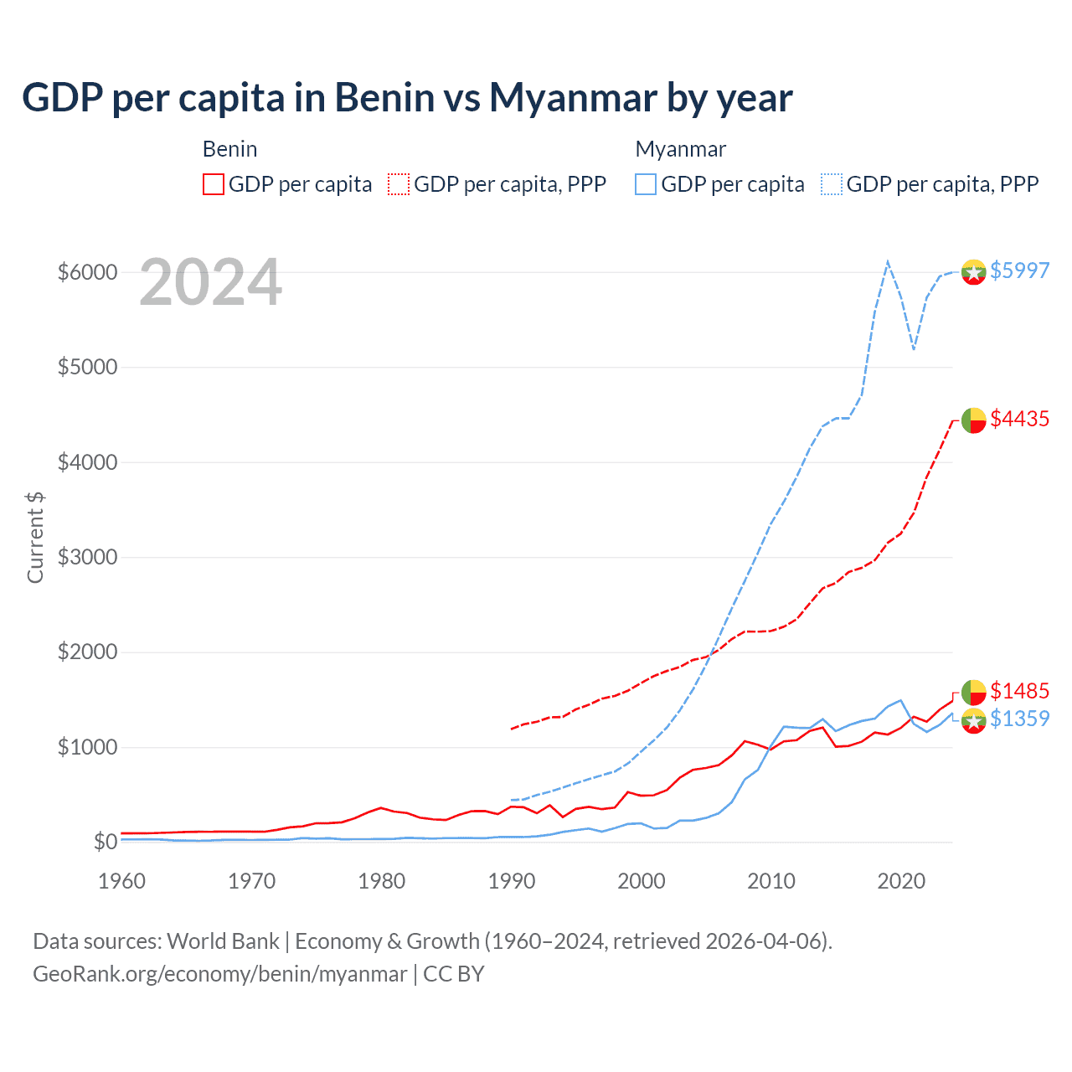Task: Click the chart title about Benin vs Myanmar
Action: click(407, 97)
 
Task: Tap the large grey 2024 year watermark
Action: click(210, 282)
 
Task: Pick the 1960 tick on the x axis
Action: click(122, 881)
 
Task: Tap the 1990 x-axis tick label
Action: click(511, 881)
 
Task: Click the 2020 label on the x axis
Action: click(900, 881)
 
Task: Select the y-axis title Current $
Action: click(35, 537)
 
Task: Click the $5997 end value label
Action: click(1019, 271)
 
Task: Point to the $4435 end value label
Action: click(1019, 419)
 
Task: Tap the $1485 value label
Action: click(1019, 691)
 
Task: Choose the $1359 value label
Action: click(1019, 719)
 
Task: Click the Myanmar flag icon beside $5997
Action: click(973, 272)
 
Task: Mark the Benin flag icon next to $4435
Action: click(973, 420)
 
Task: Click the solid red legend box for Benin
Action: click(214, 184)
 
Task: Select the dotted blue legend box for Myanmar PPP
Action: click(832, 184)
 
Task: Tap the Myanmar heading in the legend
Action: click(680, 149)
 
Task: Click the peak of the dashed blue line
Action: click(888, 261)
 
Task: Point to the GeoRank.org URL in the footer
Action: click(219, 974)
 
